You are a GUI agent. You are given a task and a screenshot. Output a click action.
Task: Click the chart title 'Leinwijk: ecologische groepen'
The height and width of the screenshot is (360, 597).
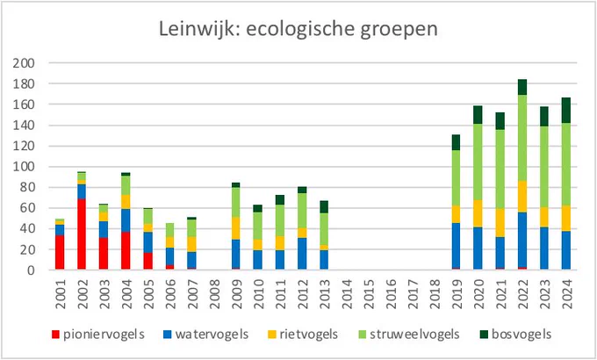click(x=298, y=30)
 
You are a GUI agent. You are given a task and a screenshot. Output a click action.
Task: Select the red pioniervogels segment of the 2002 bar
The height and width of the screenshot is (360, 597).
click(x=83, y=234)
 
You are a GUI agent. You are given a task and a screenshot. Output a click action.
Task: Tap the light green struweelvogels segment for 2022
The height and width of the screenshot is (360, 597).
click(x=522, y=138)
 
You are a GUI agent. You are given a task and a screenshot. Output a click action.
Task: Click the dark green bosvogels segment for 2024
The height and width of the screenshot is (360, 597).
click(x=566, y=110)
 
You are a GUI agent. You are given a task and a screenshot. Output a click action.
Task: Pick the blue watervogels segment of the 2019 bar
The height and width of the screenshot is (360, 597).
click(x=456, y=246)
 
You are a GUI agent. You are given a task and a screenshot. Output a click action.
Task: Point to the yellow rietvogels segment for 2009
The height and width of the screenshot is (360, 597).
click(x=236, y=228)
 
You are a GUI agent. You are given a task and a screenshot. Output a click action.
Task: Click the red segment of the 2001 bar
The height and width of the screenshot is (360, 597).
click(x=60, y=252)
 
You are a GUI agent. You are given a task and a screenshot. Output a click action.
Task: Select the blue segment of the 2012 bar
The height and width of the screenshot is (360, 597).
click(x=302, y=254)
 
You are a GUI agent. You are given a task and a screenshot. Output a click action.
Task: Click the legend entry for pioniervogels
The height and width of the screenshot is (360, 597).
click(x=98, y=335)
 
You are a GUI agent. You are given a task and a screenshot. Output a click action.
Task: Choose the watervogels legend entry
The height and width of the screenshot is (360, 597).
click(x=206, y=335)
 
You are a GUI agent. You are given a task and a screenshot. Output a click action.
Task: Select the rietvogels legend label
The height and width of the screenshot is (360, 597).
click(x=303, y=335)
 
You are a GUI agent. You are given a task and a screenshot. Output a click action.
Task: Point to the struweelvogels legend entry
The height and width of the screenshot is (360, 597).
click(x=409, y=335)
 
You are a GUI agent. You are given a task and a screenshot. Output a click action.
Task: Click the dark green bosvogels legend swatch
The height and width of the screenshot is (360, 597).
click(x=484, y=335)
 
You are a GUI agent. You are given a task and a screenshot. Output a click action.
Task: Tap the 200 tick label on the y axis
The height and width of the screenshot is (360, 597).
click(x=24, y=63)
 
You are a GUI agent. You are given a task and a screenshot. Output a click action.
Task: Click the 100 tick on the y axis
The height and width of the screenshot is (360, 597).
click(x=24, y=167)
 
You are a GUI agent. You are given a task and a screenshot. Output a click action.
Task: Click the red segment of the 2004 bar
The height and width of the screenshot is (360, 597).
click(x=126, y=250)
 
